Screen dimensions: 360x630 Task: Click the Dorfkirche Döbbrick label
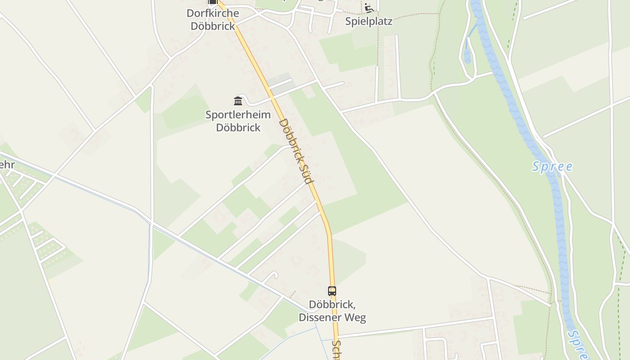pos(212,19)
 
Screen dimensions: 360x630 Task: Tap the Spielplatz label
pos(369,21)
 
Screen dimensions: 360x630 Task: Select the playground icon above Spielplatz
pos(369,8)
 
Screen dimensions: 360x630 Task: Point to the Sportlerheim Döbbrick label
pos(238,121)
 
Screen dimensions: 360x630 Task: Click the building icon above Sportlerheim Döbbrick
pos(238,101)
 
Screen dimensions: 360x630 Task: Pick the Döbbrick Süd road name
pos(296,151)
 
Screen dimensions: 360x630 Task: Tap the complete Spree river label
pos(552,167)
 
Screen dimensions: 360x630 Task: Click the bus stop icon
pos(332,291)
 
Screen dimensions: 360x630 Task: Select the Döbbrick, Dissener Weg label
pos(332,311)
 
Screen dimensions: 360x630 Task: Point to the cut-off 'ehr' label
pos(7,165)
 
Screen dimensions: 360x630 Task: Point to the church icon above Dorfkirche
pos(212,2)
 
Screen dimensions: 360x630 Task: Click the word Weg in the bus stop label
pos(355,317)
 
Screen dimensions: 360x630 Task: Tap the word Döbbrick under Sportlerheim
pos(238,127)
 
